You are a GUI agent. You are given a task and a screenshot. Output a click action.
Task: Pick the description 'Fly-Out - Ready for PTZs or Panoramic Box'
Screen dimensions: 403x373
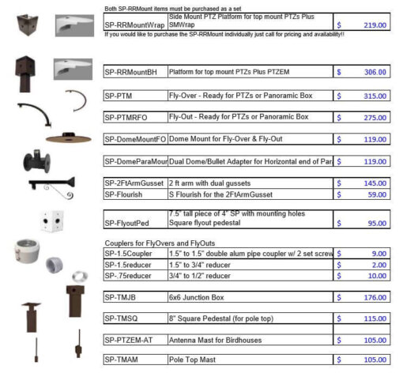click(x=249, y=117)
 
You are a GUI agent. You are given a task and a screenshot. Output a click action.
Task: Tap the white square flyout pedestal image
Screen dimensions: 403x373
click(x=55, y=220)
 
